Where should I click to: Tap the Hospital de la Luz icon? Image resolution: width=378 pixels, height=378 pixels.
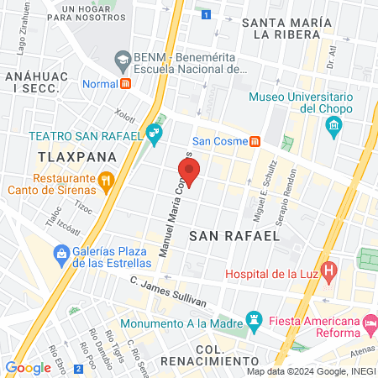click(x=329, y=272)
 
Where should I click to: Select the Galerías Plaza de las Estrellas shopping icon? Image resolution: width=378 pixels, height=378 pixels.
click(x=61, y=253)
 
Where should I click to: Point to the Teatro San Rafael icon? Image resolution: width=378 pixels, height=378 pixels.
click(x=154, y=133)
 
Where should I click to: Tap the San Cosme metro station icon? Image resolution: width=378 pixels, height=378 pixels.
click(x=254, y=140)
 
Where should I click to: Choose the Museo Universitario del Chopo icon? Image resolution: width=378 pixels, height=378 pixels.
click(x=333, y=127)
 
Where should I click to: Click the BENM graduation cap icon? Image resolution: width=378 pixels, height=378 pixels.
click(x=123, y=59)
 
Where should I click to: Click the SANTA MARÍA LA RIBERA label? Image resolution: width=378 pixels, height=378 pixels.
click(x=281, y=28)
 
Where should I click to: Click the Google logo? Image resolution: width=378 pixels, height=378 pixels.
click(x=28, y=367)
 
